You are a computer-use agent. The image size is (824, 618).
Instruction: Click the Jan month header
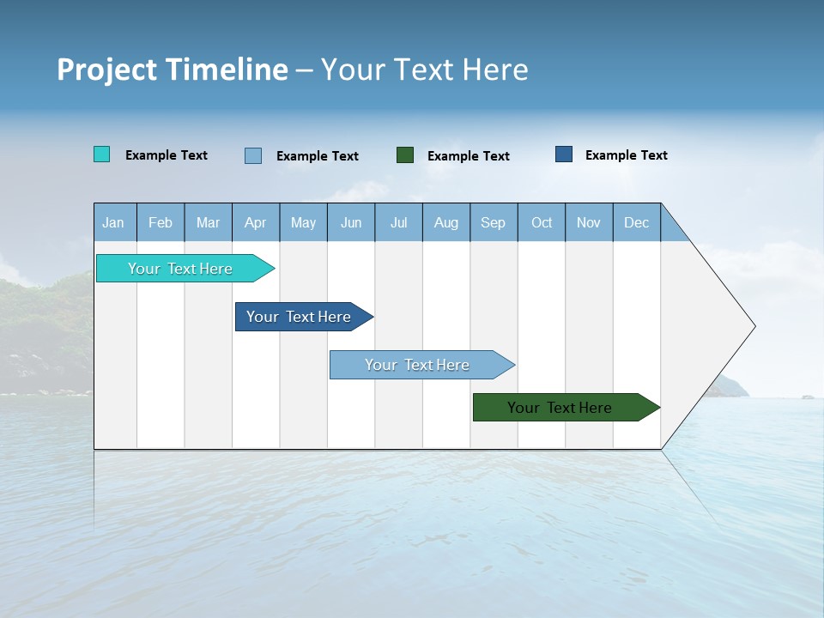click(x=113, y=222)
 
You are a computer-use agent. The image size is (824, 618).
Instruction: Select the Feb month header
click(x=161, y=222)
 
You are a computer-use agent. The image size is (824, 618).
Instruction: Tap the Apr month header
click(x=255, y=222)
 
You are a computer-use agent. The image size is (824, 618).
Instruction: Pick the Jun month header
click(x=351, y=222)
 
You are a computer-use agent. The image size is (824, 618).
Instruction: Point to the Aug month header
click(x=445, y=222)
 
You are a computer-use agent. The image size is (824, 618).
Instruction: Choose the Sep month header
click(x=493, y=222)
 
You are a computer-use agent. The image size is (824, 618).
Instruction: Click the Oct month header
click(x=542, y=222)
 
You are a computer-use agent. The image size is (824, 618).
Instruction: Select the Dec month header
click(x=636, y=222)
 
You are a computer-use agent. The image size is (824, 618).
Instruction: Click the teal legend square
click(x=102, y=154)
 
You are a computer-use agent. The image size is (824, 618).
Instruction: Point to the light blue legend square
click(x=253, y=155)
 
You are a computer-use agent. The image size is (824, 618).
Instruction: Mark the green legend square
click(x=405, y=155)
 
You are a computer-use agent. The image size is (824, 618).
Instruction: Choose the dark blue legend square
click(x=564, y=154)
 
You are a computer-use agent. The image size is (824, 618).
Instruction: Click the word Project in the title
click(x=106, y=70)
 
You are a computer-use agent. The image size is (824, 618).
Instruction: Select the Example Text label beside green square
click(x=469, y=156)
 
